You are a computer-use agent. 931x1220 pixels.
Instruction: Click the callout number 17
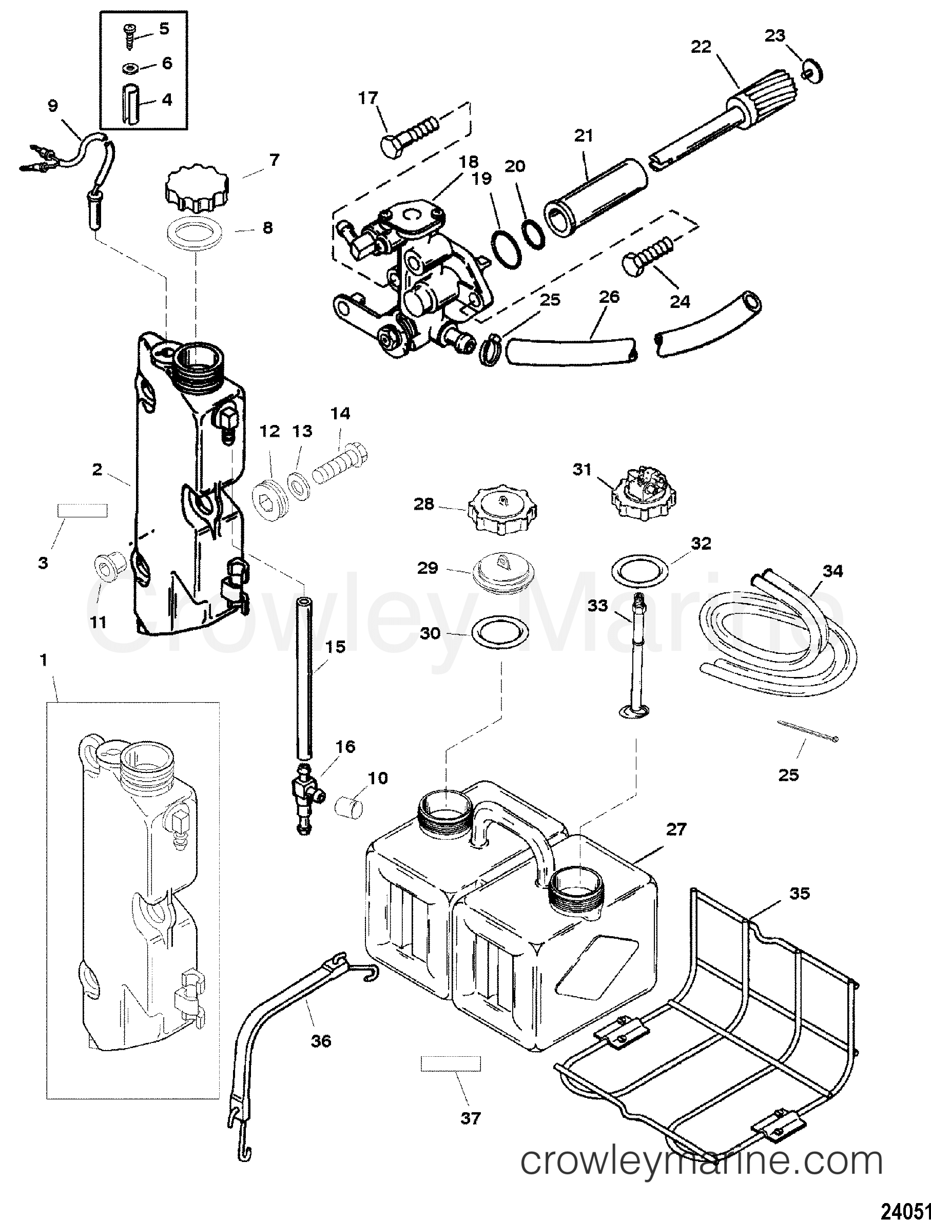pyautogui.click(x=367, y=98)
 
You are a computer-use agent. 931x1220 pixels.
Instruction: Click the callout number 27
pyautogui.click(x=676, y=845)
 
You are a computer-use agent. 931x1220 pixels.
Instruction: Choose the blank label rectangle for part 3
pyautogui.click(x=82, y=510)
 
